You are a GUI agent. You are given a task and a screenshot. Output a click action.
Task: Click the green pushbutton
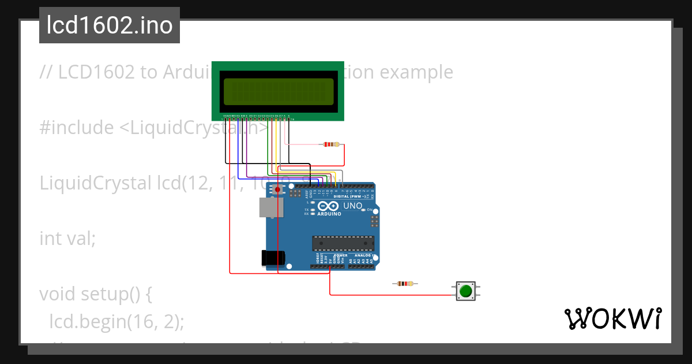point(465,291)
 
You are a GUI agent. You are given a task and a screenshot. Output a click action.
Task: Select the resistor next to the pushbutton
point(405,284)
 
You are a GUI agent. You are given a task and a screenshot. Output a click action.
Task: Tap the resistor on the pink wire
point(330,144)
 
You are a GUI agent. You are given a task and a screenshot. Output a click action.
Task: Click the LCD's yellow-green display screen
point(278,91)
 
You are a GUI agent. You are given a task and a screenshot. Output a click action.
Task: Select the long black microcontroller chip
point(343,244)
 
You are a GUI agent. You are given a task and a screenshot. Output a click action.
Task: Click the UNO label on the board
point(353,206)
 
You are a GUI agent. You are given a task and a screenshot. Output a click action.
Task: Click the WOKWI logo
point(612,319)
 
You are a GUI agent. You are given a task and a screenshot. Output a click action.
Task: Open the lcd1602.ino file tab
point(110,25)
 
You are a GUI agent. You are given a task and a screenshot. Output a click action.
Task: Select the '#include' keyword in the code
point(77,128)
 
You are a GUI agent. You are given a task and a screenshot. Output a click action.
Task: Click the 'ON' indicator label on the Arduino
point(370,210)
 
